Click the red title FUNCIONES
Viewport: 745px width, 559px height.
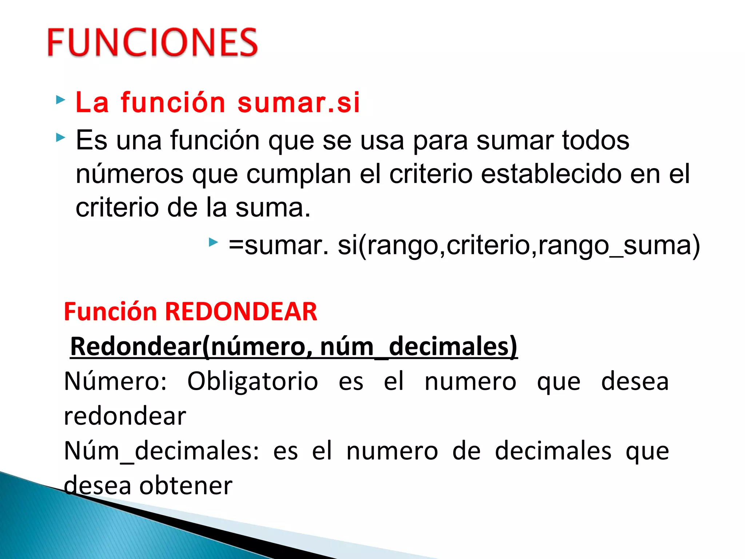[152, 42]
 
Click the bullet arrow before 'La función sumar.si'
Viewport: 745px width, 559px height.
[60, 100]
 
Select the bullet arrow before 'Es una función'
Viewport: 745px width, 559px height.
[60, 138]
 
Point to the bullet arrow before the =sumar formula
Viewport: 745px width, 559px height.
[213, 242]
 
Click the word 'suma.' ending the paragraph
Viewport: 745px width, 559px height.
[273, 208]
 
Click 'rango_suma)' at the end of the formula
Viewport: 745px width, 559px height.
[619, 245]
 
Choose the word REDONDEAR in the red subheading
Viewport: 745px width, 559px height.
[241, 312]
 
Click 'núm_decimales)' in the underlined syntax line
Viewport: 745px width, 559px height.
[418, 346]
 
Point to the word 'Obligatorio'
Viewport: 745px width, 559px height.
[252, 381]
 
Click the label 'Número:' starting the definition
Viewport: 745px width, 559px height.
[115, 381]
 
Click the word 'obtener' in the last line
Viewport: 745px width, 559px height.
[186, 485]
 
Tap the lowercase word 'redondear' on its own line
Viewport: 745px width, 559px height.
[125, 416]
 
